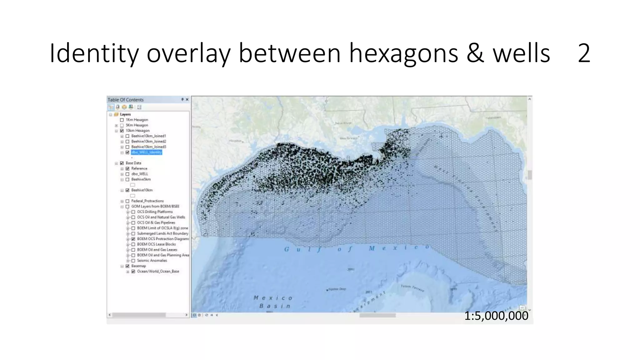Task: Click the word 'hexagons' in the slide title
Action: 403,54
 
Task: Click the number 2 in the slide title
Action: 584,53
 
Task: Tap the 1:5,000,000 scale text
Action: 496,316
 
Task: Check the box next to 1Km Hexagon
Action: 122,120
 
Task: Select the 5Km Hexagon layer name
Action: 137,125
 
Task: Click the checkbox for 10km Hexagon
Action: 122,131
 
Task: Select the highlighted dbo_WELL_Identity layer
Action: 146,152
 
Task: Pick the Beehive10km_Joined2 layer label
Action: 148,142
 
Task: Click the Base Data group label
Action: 133,163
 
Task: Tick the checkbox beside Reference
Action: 127,169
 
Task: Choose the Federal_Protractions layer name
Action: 147,201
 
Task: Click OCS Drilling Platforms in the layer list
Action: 155,212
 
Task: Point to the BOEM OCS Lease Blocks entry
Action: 156,244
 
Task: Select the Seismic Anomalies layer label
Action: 152,261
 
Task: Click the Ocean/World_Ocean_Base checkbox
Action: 133,272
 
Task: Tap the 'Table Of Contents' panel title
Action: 126,100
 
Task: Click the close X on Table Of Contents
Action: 187,100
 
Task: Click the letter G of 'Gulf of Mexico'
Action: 287,249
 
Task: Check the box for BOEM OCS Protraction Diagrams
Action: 133,239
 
